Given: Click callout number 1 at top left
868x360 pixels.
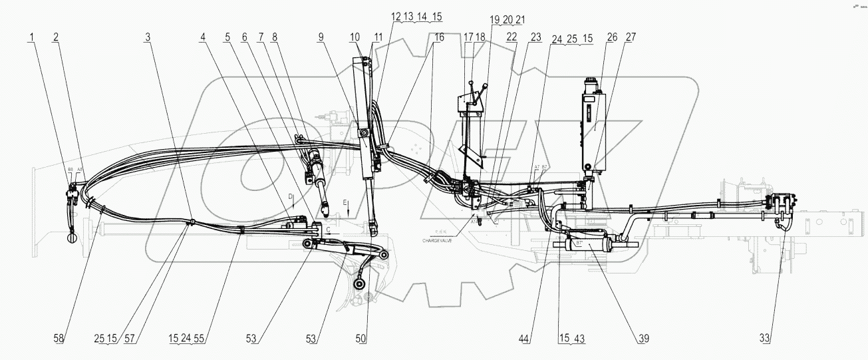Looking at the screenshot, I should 31,39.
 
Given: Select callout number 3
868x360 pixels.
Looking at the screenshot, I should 148,39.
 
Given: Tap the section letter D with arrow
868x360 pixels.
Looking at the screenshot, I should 291,197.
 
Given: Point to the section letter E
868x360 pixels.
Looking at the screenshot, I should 345,202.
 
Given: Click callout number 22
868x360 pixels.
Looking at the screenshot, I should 511,39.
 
